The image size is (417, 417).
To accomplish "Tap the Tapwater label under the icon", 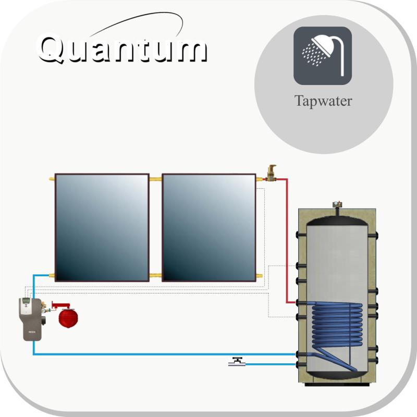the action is click(x=323, y=102).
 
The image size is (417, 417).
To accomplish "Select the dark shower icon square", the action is click(x=323, y=56).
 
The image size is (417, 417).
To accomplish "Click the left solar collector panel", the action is click(x=102, y=227).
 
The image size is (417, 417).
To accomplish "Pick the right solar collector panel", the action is click(x=209, y=227).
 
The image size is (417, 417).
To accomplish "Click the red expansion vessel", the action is click(x=68, y=317).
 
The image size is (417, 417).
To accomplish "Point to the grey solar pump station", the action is click(x=30, y=319).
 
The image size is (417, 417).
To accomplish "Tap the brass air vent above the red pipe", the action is click(x=271, y=173).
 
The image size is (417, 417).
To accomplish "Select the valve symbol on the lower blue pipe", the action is click(x=237, y=362).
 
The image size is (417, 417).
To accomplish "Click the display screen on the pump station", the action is click(x=26, y=301).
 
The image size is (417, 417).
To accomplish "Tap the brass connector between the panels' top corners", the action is click(x=155, y=179).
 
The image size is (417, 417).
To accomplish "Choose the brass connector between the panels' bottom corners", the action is click(x=155, y=276).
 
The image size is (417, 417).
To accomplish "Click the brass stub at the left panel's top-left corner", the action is click(x=52, y=179).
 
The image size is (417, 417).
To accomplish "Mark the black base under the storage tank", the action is click(x=337, y=384).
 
